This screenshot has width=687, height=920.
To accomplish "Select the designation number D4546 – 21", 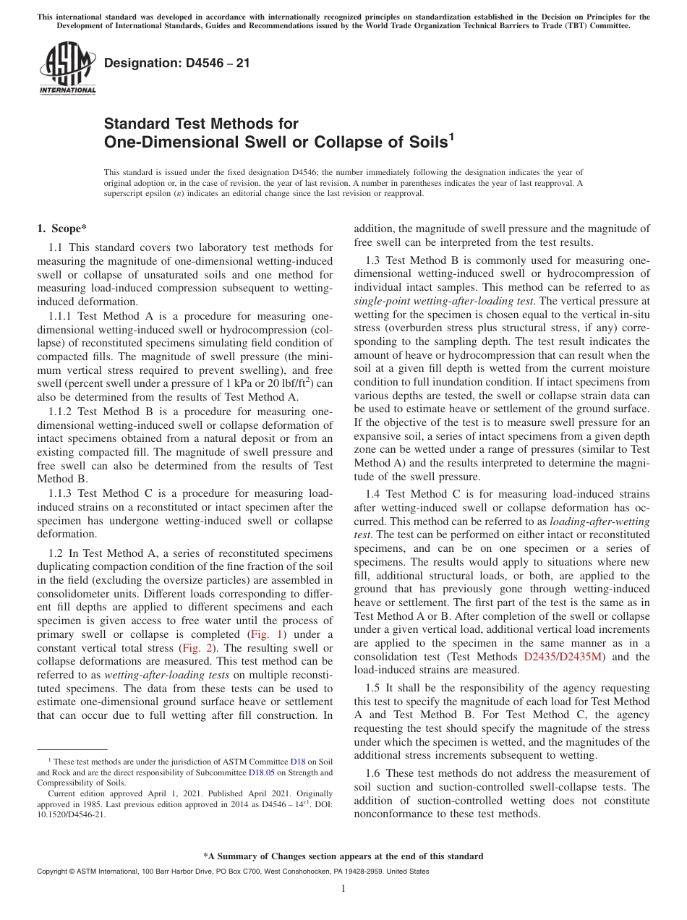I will [x=177, y=63].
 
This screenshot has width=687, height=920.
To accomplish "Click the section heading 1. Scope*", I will [x=62, y=229].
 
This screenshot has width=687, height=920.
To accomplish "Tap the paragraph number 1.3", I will [x=372, y=260].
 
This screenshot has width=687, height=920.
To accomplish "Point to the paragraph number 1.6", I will [x=372, y=773].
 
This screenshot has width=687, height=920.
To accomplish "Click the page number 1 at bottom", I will [x=343, y=889].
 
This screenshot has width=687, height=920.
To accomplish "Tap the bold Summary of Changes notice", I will [x=343, y=856].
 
